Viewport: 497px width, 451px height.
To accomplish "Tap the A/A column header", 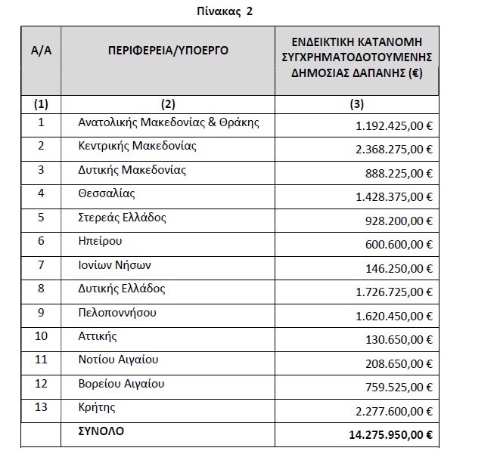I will click(41, 51).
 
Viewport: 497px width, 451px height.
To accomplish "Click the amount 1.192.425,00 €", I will click(394, 123).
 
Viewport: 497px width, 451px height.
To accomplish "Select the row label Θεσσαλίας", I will click(107, 193).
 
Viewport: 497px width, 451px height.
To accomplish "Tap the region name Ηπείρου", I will click(101, 241).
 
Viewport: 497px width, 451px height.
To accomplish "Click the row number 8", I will click(41, 289).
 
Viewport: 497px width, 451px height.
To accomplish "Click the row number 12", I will click(41, 385).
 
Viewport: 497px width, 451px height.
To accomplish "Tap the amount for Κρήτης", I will click(394, 412).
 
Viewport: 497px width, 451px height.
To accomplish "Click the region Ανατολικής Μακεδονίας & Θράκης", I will click(169, 122).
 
